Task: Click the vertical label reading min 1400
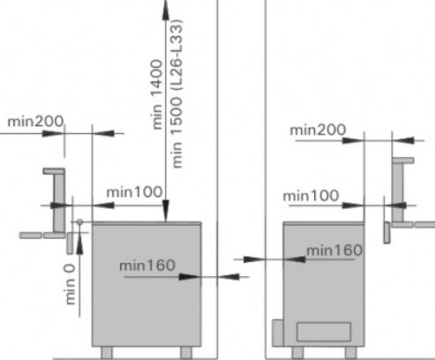157,94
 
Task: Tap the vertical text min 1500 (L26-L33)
177,94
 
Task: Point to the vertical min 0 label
70,284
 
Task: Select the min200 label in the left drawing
35,121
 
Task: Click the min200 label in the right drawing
318,130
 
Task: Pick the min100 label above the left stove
134,192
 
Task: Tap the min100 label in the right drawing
311,196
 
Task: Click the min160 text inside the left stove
147,266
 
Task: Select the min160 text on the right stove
334,251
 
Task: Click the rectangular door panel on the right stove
324,332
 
